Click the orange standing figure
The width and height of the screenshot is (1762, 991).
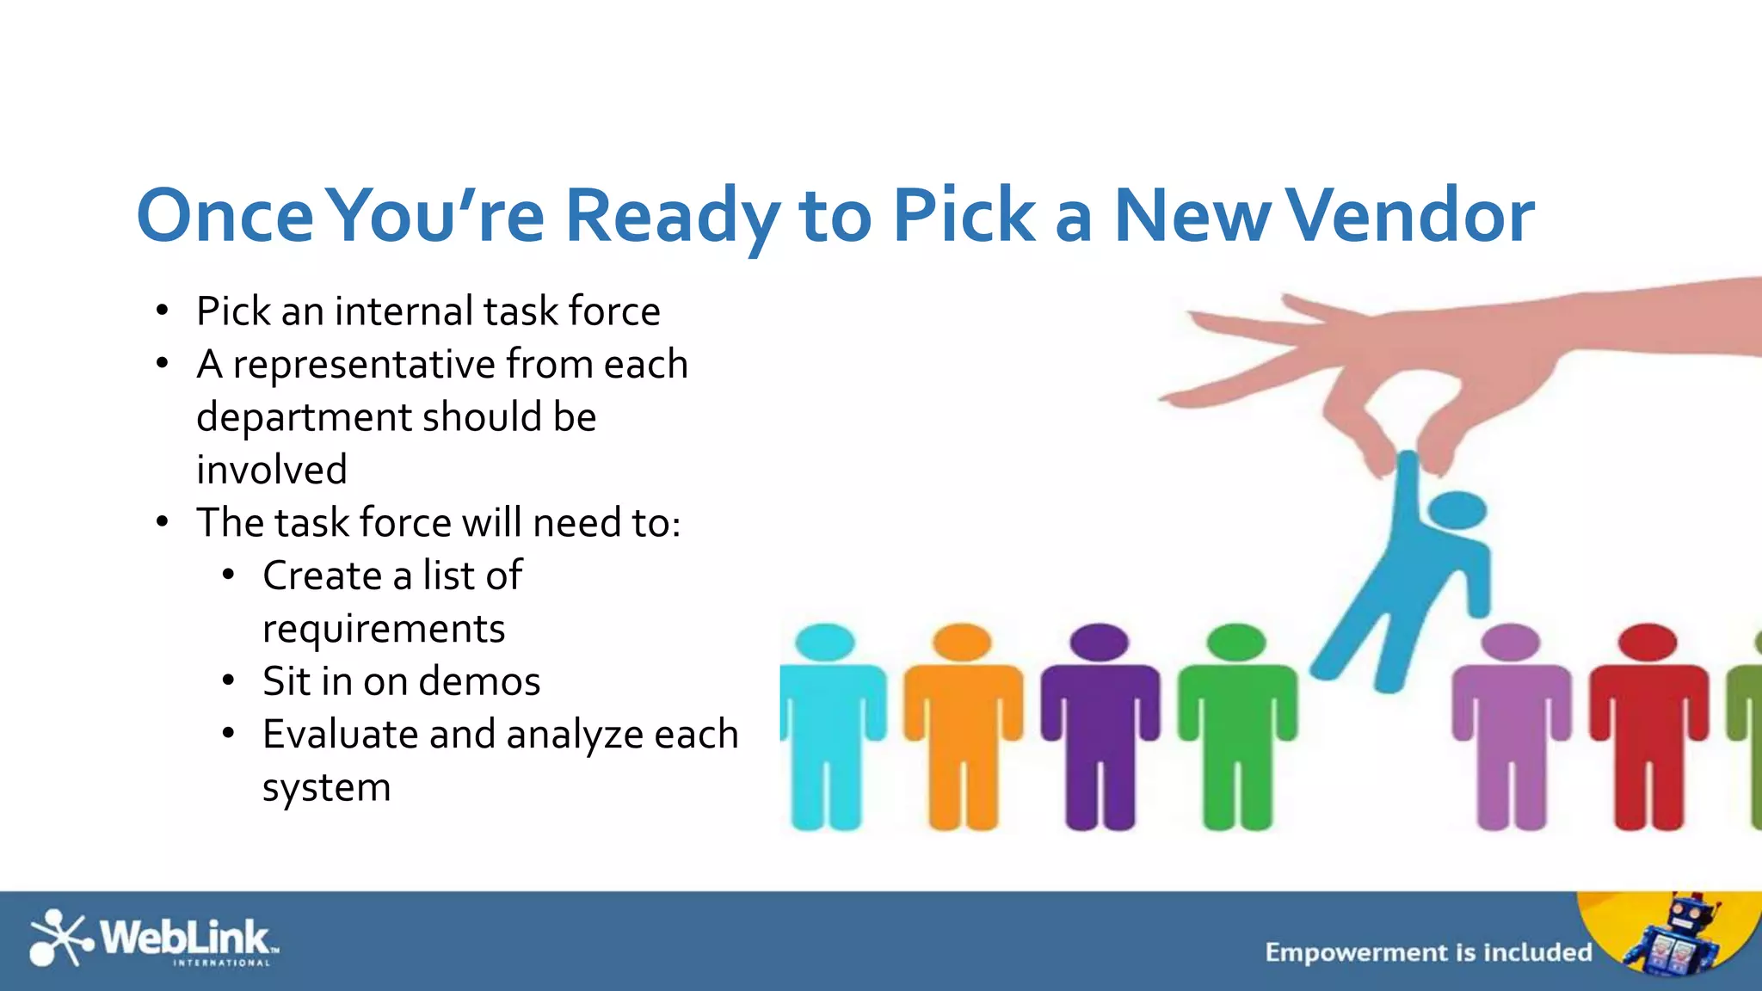click(x=963, y=731)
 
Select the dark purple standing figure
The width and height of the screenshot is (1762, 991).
click(x=1100, y=731)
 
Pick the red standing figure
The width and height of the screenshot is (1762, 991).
click(x=1648, y=731)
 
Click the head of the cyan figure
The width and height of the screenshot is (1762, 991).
click(x=825, y=642)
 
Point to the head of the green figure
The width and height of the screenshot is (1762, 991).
click(x=1236, y=642)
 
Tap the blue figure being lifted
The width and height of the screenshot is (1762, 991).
click(x=1411, y=585)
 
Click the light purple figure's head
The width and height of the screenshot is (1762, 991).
click(x=1511, y=642)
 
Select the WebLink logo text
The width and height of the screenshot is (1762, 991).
click(x=186, y=937)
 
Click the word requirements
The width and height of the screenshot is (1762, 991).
click(x=384, y=630)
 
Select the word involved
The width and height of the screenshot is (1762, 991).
click(x=272, y=470)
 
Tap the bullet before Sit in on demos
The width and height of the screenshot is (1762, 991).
click(x=228, y=681)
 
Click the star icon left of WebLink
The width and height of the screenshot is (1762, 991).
click(x=59, y=937)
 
